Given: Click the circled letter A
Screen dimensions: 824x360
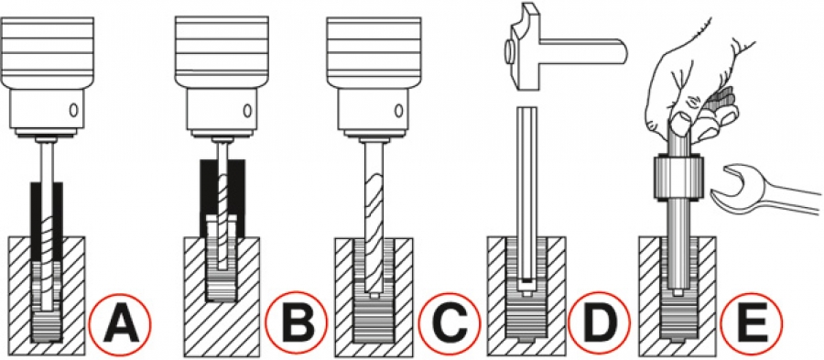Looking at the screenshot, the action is pos(120,322).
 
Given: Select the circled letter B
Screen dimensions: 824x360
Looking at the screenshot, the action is pos(297,322).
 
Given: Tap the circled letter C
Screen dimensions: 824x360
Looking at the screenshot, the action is pos(450,322).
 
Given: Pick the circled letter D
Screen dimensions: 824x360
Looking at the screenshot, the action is pos(599,322).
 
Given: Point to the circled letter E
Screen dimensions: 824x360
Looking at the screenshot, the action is pos(751,322).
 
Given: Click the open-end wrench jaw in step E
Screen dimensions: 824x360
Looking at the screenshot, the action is pos(733,188).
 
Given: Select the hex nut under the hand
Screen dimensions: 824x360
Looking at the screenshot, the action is pos(677,179).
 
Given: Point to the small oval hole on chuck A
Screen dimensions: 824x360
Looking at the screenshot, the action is pos(73,110).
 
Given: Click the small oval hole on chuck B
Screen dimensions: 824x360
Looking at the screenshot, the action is pos(246,111).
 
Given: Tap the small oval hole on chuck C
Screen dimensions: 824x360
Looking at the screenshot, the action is pos(399,111).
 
